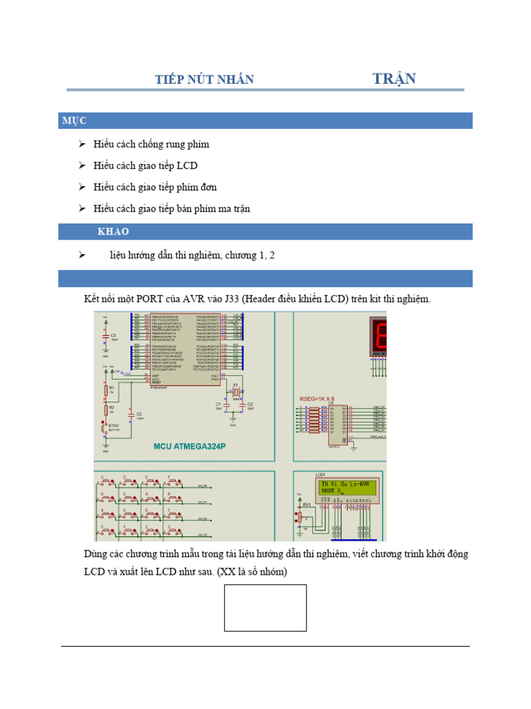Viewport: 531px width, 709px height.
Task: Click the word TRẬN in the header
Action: tap(394, 78)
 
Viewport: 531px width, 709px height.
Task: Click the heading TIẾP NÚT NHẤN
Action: tap(204, 80)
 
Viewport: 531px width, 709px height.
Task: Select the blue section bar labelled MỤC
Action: tap(265, 120)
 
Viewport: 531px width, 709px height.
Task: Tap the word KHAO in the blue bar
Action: tap(113, 231)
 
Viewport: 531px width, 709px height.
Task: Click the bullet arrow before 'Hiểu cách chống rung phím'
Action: tap(82, 144)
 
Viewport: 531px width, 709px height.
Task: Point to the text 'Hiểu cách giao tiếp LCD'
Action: tap(145, 165)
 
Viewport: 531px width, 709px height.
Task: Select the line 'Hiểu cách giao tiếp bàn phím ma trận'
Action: tap(171, 208)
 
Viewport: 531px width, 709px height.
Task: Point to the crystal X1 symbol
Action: tap(235, 394)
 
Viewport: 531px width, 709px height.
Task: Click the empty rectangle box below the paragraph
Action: tap(265, 607)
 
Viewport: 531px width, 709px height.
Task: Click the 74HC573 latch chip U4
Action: tap(338, 423)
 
